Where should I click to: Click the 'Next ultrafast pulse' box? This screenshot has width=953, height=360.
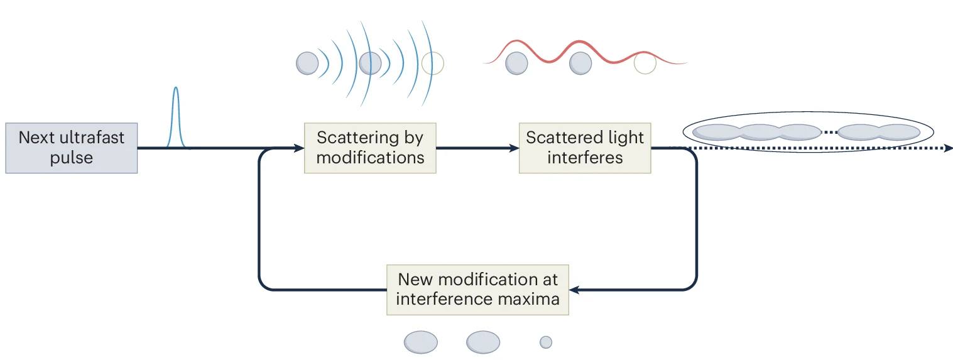coord(71,148)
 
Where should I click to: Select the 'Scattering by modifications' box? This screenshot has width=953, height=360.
coord(370,148)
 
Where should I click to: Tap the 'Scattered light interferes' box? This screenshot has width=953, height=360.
coord(585,148)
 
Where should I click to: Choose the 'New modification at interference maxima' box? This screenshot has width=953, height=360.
coord(477,289)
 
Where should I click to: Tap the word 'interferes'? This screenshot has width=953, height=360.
coord(585,157)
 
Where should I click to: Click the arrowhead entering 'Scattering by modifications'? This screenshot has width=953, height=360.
coord(300,148)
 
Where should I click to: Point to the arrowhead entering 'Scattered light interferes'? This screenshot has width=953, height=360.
coord(515,148)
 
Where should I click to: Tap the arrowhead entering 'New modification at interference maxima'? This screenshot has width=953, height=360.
coord(574,290)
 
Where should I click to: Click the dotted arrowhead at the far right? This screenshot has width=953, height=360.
coord(949,148)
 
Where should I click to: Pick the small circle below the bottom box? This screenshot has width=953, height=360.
coord(546,342)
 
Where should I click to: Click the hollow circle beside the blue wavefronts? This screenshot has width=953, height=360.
coord(432,63)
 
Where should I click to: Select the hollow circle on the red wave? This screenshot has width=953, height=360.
coord(645,63)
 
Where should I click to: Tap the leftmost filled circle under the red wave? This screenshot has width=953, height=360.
coord(516,63)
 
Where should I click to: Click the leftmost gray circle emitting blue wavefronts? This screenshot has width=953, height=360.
coord(307,63)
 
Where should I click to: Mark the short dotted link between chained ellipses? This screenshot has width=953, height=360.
coord(830,132)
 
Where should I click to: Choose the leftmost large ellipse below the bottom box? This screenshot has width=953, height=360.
coord(420,342)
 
